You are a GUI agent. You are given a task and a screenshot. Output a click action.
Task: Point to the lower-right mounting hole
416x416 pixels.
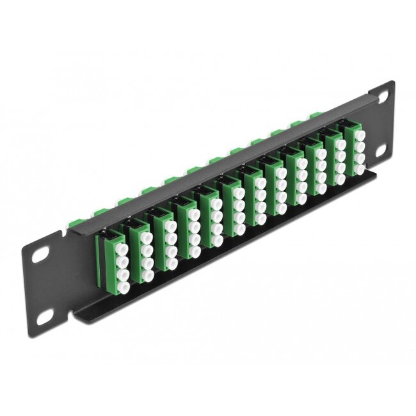click(x=386, y=149)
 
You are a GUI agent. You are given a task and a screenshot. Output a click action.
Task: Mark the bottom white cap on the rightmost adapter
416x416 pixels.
click(x=359, y=170)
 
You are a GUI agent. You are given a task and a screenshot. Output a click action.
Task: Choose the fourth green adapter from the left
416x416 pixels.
click(x=186, y=224)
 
